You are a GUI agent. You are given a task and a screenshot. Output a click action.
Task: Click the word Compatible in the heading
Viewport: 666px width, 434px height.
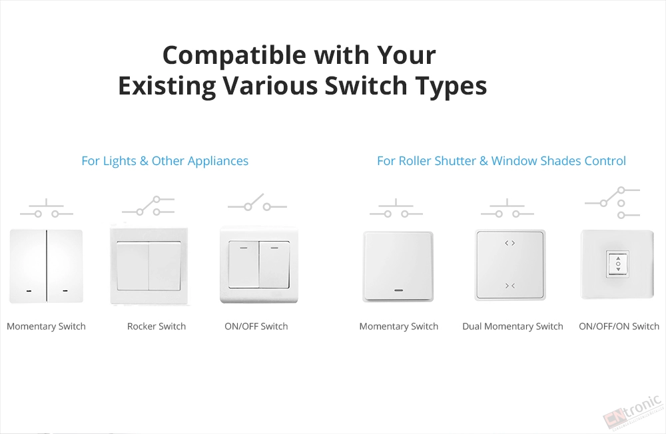pyautogui.click(x=234, y=57)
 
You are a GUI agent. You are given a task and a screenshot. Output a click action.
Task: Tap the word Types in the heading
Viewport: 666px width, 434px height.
pyautogui.click(x=451, y=87)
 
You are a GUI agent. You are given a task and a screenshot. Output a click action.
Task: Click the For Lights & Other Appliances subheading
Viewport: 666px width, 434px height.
pyautogui.click(x=165, y=161)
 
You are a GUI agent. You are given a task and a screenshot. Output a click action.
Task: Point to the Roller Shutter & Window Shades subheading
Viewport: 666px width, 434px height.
pyautogui.click(x=501, y=161)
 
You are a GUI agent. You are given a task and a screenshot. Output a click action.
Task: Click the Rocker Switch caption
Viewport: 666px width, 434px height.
pyautogui.click(x=157, y=326)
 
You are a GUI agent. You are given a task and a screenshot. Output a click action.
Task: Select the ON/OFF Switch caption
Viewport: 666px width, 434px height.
pyautogui.click(x=256, y=326)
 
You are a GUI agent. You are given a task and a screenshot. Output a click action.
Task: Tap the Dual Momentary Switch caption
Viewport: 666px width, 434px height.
pyautogui.click(x=513, y=326)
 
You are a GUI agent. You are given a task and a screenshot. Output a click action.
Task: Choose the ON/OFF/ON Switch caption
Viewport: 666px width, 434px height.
pyautogui.click(x=619, y=326)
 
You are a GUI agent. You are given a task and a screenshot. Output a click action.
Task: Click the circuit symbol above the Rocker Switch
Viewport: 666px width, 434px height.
pyautogui.click(x=149, y=206)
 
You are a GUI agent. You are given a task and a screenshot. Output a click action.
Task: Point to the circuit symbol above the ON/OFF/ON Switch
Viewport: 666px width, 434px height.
pyautogui.click(x=613, y=202)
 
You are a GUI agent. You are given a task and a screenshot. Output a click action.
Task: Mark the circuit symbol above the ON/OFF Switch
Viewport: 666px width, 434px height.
pyautogui.click(x=257, y=202)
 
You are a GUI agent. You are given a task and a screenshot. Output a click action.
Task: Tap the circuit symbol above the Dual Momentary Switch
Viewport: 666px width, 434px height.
pyautogui.click(x=507, y=208)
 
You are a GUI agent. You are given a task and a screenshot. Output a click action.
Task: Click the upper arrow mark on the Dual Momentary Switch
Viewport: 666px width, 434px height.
pyautogui.click(x=509, y=243)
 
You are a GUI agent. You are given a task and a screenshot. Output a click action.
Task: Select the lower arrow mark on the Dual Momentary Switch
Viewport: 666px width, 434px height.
pyautogui.click(x=509, y=286)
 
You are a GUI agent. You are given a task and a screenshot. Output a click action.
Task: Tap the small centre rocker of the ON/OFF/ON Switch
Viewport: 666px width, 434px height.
pyautogui.click(x=618, y=264)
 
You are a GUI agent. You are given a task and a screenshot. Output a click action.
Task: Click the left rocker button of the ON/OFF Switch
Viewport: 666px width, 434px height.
pyautogui.click(x=243, y=264)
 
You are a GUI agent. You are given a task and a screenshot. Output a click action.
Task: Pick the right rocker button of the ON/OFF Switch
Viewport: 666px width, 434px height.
pyautogui.click(x=274, y=264)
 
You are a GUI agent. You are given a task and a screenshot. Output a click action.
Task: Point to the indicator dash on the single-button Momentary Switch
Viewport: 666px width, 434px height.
pyautogui.click(x=399, y=291)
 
